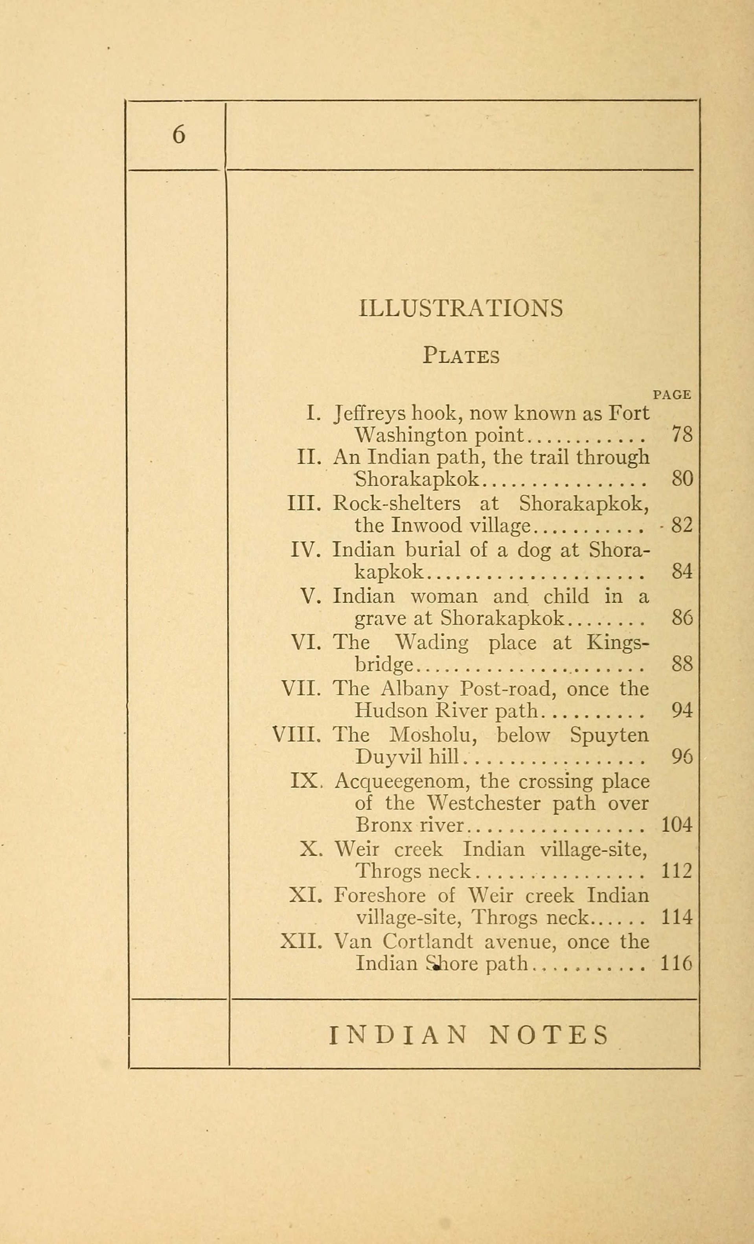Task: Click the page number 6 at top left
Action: pos(179,135)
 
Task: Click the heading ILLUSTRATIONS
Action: pos(461,308)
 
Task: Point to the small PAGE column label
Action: pos(672,395)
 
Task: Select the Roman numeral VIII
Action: pos(296,735)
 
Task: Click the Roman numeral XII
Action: pos(301,941)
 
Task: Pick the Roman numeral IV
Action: pos(305,549)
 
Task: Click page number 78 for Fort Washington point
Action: pos(682,435)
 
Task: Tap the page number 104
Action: pos(676,825)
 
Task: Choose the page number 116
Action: pos(676,964)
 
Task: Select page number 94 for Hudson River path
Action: pos(682,710)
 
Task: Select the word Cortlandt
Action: pos(428,941)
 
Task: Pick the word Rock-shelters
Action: pos(396,503)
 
